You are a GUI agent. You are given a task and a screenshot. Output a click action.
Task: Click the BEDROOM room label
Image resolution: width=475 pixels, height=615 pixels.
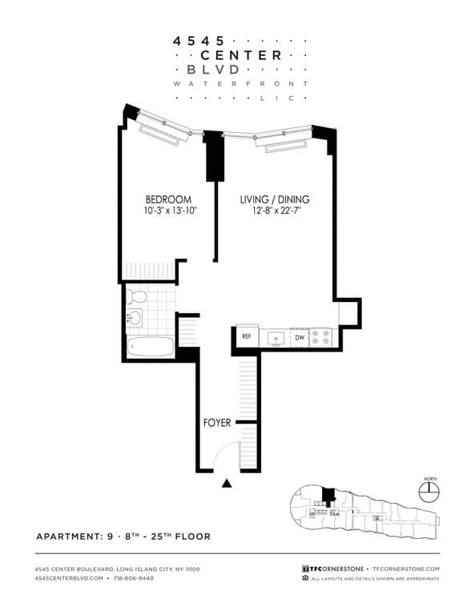pos(168,199)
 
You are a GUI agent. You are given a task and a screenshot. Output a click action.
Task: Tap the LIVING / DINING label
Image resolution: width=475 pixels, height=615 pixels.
pos(275,199)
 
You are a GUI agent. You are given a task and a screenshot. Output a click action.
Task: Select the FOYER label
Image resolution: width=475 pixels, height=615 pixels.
pos(216,422)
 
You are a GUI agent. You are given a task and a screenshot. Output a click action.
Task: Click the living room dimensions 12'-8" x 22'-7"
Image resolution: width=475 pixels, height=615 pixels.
pos(275,211)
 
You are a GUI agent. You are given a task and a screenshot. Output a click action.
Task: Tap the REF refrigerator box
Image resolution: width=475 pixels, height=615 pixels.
pos(247,337)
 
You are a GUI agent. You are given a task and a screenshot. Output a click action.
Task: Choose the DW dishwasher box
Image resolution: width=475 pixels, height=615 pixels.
pos(299,338)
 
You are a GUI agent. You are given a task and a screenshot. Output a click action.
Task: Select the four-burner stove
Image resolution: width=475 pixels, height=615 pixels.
pos(320,338)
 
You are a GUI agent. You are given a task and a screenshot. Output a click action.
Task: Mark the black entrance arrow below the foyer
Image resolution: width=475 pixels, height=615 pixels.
pos(227,483)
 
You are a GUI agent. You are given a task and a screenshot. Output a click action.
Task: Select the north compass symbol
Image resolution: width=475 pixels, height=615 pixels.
pos(430,488)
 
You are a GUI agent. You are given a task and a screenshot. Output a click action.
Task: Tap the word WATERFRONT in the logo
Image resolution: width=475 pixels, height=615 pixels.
pos(241,83)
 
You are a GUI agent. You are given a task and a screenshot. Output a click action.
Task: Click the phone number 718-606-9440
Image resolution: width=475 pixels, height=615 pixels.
pos(135,577)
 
